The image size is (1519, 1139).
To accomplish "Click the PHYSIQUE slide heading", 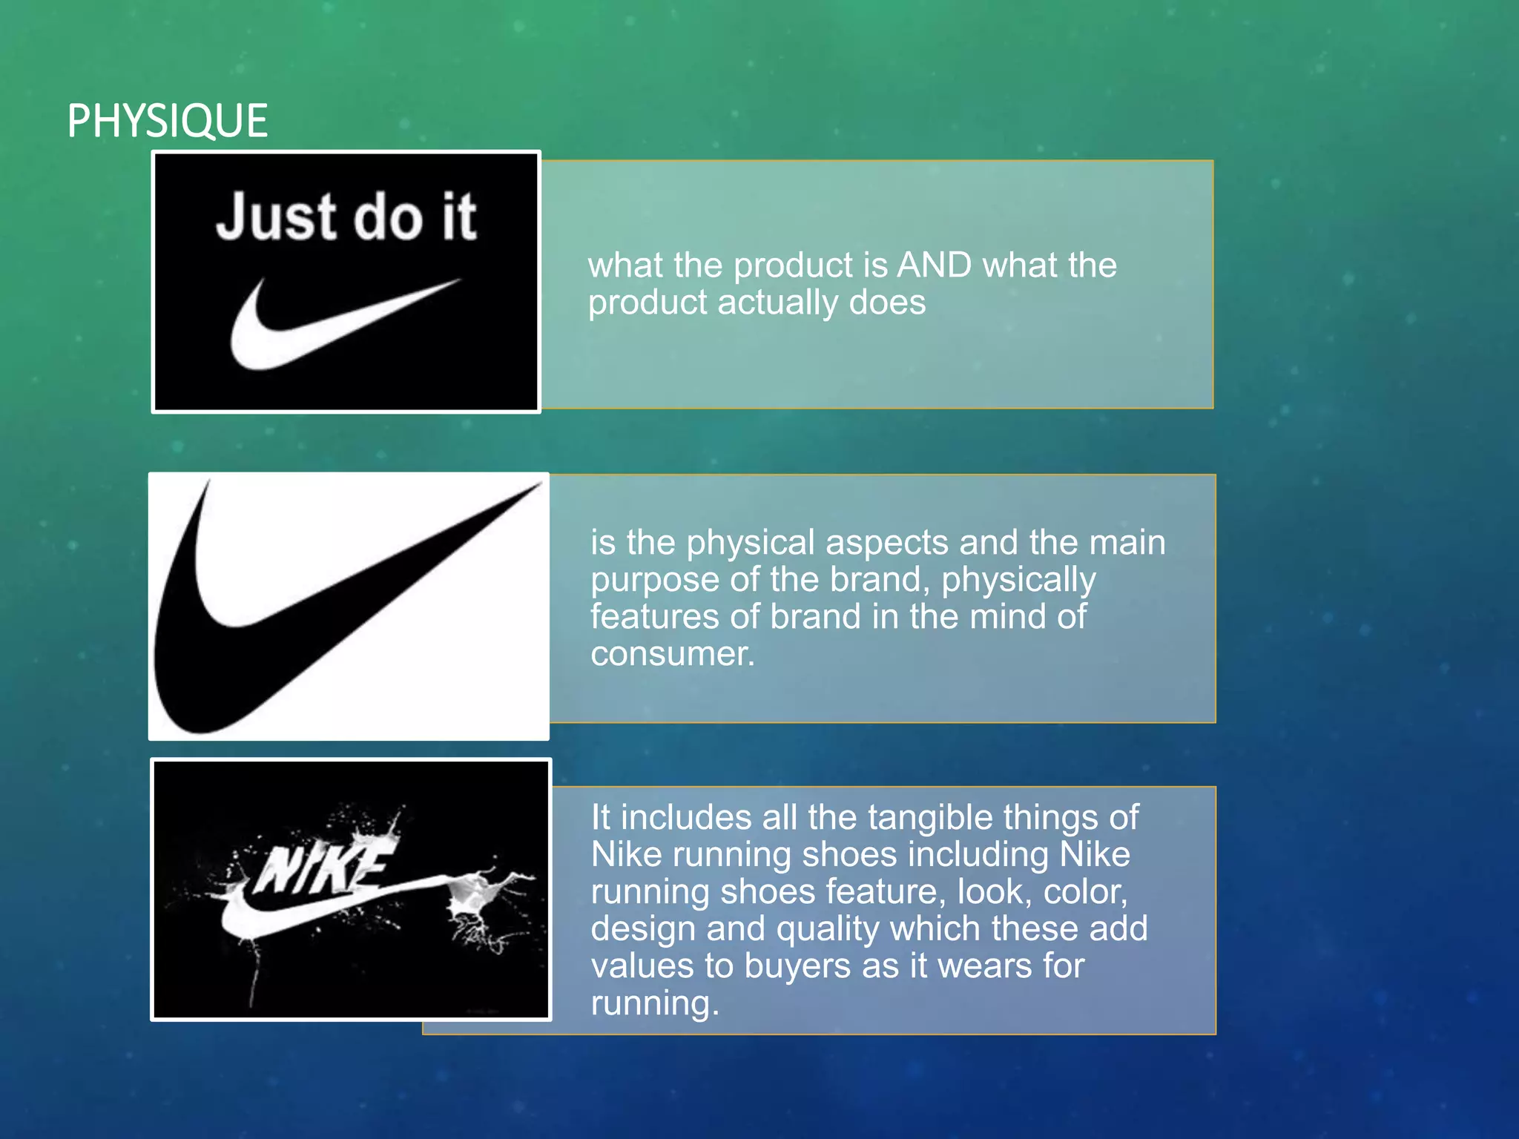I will click(167, 121).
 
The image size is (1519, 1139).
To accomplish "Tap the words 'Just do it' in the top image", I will click(346, 217).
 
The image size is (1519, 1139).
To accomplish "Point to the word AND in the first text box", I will click(934, 265).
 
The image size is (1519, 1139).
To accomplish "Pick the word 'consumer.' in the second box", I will click(672, 654).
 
